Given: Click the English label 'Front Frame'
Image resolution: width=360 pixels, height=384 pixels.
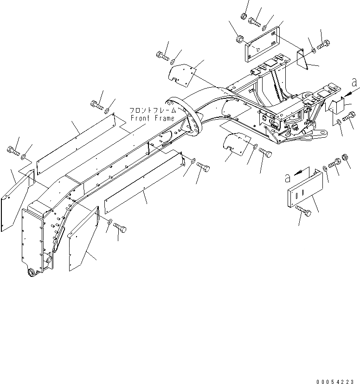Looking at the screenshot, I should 152,118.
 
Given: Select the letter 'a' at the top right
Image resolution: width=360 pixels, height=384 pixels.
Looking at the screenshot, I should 355,83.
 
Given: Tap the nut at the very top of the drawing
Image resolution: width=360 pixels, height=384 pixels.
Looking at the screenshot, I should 244,16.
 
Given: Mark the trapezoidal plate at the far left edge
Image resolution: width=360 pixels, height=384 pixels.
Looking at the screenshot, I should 17,199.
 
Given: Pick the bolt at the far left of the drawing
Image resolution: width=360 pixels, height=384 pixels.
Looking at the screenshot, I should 13,150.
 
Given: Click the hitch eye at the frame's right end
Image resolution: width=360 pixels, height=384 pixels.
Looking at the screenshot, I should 314,134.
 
